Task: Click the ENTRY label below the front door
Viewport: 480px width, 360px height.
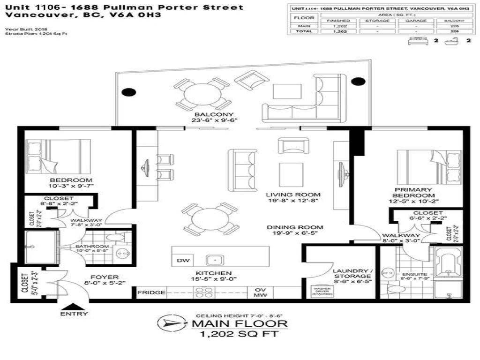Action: coord(73,314)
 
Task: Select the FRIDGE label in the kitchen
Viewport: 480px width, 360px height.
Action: coord(151,292)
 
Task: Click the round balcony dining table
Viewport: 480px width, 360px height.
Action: coord(202,93)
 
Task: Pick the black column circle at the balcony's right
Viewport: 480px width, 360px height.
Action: coord(358,82)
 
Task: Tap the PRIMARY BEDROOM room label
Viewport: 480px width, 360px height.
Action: coord(413,193)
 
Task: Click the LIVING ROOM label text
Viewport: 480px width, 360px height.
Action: coord(293,195)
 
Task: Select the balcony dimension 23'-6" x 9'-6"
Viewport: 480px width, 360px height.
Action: coord(215,120)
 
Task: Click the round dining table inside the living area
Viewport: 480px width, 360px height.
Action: coord(210,218)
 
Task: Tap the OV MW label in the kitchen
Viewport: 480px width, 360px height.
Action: coord(261,292)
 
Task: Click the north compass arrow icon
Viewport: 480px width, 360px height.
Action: coord(167,323)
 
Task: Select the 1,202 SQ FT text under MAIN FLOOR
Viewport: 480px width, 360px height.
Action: coord(239,334)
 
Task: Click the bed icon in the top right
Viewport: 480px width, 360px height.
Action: coord(418,41)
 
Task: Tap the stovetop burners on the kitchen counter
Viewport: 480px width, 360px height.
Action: coord(204,292)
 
